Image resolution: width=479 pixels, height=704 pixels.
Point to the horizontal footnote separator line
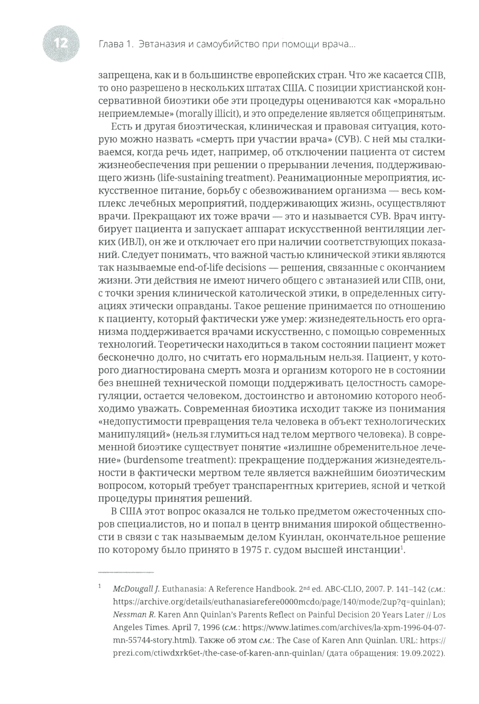125,573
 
